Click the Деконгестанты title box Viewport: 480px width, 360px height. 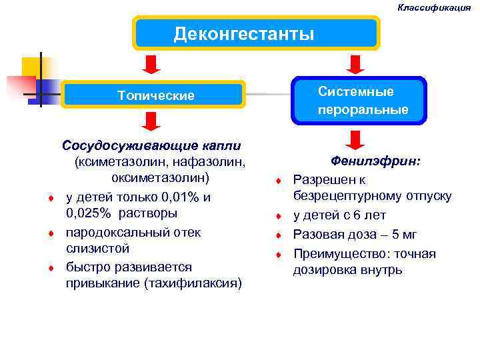[x=257, y=33]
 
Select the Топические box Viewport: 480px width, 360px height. [x=154, y=95]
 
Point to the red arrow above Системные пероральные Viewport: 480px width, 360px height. [x=355, y=64]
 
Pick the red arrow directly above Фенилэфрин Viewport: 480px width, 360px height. [x=355, y=140]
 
